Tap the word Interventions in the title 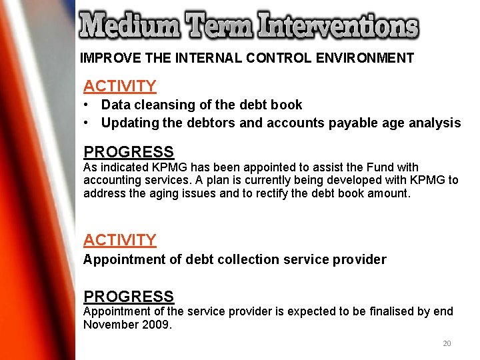(x=339, y=27)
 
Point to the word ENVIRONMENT (x=364, y=58)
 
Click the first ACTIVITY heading (x=120, y=86)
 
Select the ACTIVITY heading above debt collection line (x=120, y=240)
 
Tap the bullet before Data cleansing (x=87, y=105)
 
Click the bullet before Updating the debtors (x=87, y=123)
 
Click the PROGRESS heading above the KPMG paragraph (x=129, y=152)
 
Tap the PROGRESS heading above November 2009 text (x=129, y=296)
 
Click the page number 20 (x=447, y=343)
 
